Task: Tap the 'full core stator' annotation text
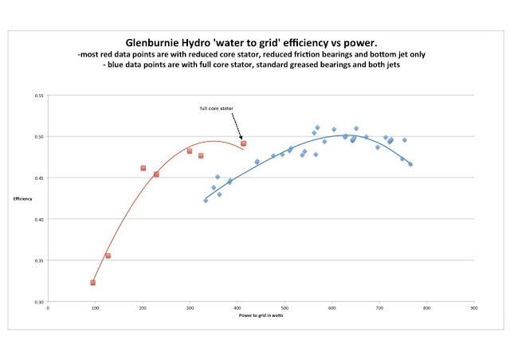[x=215, y=108]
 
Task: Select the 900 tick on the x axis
[x=474, y=307]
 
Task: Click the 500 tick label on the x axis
[x=284, y=307]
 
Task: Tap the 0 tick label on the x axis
[x=48, y=307]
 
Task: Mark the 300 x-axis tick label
[x=190, y=307]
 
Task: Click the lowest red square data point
[x=93, y=283]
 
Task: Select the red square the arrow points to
[x=244, y=143]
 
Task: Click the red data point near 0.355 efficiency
[x=108, y=256]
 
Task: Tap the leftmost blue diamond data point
[x=206, y=201]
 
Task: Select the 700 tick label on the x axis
[x=379, y=307]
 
